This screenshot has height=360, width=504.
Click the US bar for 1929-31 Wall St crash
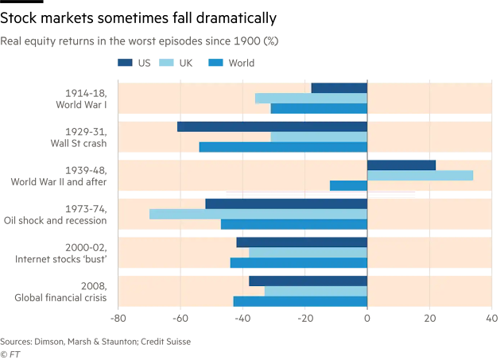tap(272, 126)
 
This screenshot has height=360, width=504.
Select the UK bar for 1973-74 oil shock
tap(258, 214)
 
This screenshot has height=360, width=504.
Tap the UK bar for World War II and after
tap(420, 176)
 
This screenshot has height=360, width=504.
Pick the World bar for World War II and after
tap(349, 186)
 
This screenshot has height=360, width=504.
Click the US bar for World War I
tap(339, 87)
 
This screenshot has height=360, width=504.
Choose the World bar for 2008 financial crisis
tap(300, 301)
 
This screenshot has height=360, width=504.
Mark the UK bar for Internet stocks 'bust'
tap(308, 253)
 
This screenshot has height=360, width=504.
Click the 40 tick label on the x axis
tap(491, 319)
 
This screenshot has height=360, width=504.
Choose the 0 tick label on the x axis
tap(367, 319)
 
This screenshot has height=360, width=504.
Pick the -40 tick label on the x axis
tap(242, 319)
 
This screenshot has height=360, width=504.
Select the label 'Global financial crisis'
tap(67, 298)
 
